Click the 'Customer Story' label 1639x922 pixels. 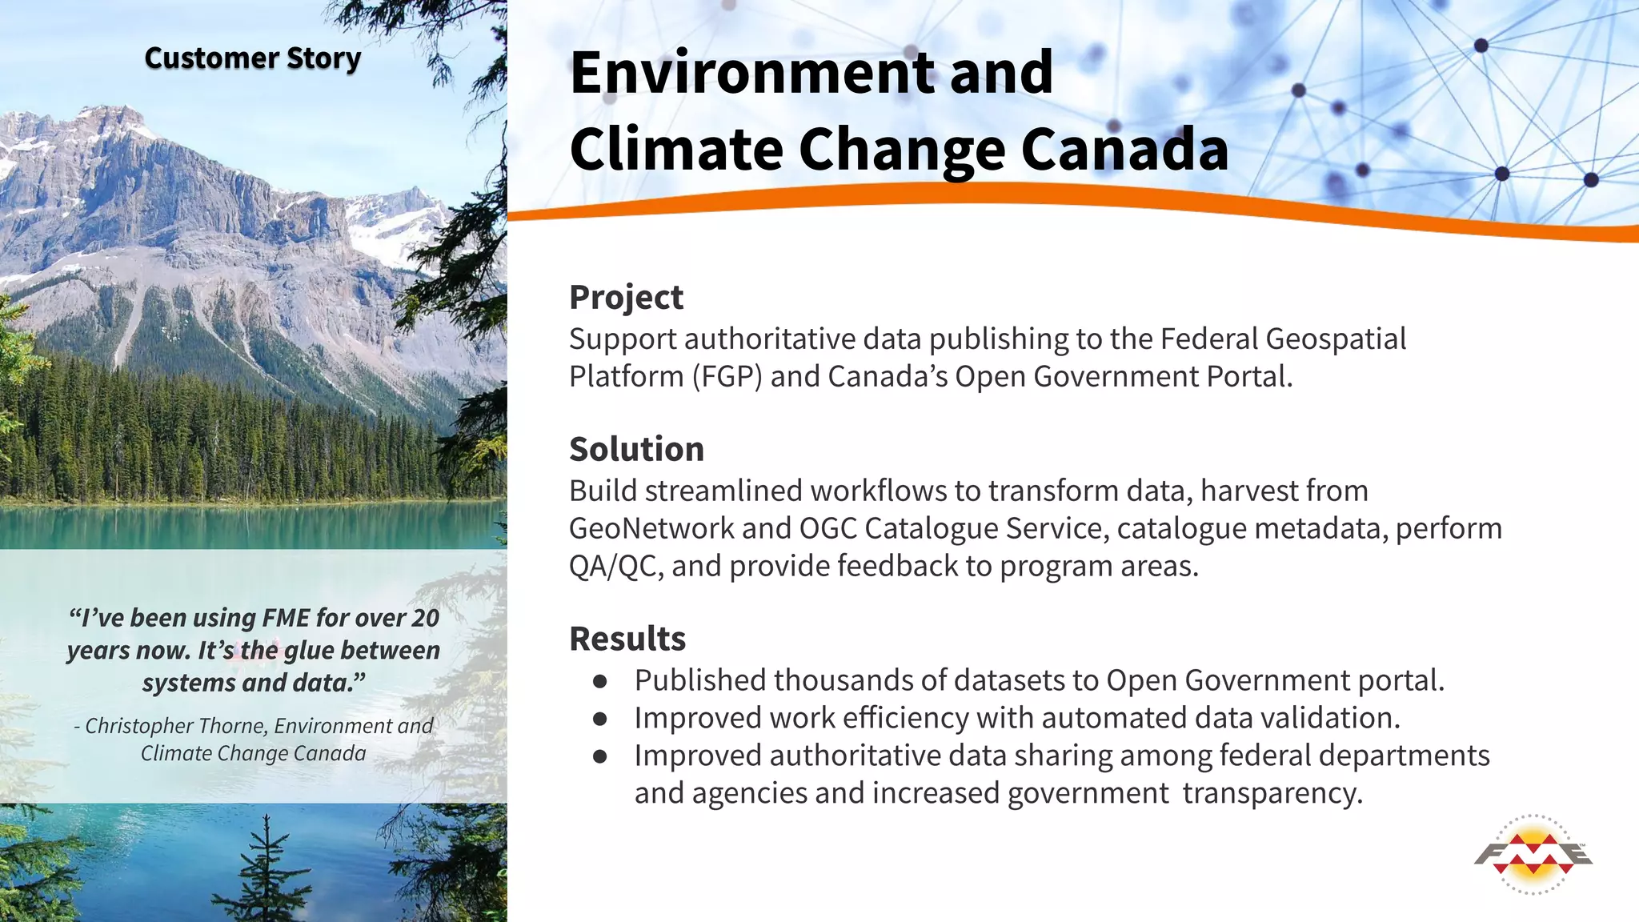[x=252, y=58]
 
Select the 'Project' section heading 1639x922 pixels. [x=626, y=297]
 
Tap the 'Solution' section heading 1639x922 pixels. [x=636, y=449]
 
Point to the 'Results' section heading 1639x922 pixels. [x=627, y=639]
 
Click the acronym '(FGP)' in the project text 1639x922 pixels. [x=727, y=376]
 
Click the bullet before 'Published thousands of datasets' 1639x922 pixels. [x=600, y=681]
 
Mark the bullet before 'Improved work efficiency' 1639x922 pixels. [x=600, y=719]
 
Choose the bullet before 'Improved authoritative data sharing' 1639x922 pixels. [x=600, y=756]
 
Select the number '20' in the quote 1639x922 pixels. [x=425, y=618]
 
